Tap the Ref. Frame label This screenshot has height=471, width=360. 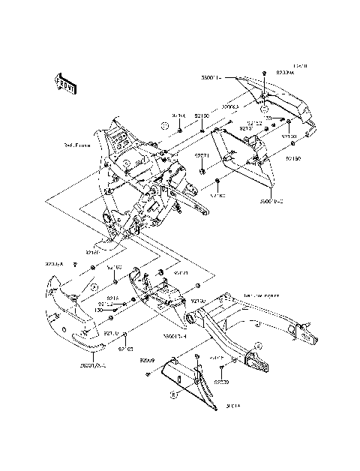click(x=78, y=145)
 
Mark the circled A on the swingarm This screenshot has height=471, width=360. click(x=258, y=346)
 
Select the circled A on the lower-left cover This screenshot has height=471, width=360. click(x=94, y=286)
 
